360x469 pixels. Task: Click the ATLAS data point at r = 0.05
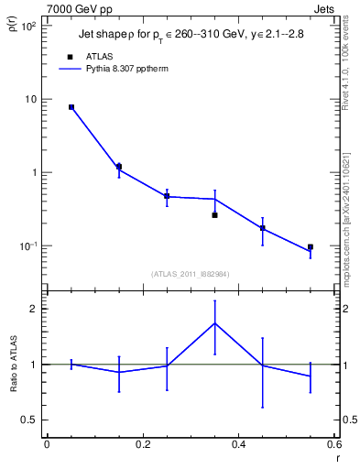click(x=71, y=107)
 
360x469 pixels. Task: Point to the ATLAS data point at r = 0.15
click(x=119, y=167)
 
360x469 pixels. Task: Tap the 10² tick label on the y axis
click(x=27, y=27)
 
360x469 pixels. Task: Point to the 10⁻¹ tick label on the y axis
click(x=27, y=246)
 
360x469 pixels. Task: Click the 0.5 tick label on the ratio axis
click(x=29, y=420)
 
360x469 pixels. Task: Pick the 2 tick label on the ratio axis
click(x=34, y=309)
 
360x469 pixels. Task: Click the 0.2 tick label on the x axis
click(x=142, y=444)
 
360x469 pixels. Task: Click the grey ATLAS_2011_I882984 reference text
click(x=190, y=273)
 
